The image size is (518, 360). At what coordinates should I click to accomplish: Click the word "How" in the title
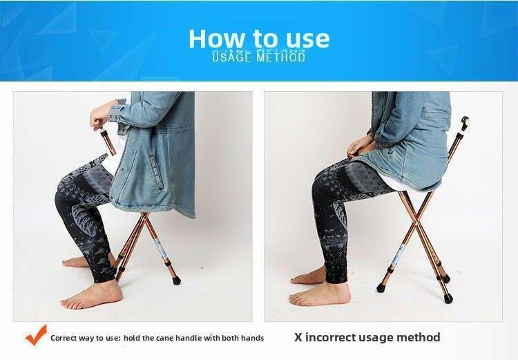[216, 39]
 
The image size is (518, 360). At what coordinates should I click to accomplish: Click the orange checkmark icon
[36, 335]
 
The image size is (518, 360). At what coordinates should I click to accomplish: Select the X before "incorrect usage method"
[298, 337]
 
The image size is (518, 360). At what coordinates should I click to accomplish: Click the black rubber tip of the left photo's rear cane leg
[176, 281]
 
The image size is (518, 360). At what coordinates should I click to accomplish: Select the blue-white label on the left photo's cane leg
[162, 249]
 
